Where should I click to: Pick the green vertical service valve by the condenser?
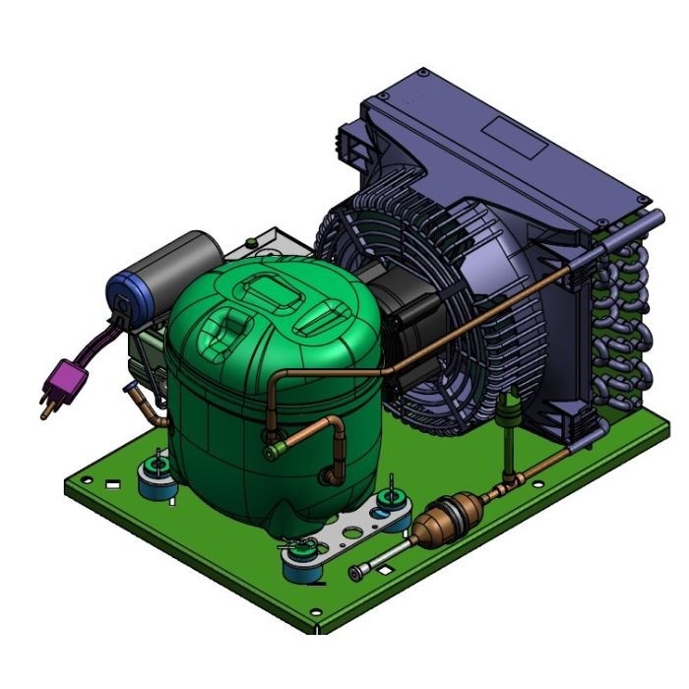(x=511, y=422)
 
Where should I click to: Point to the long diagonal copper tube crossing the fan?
(x=492, y=306)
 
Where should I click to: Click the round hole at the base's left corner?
(x=87, y=480)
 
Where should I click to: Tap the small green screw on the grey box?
(x=253, y=238)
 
